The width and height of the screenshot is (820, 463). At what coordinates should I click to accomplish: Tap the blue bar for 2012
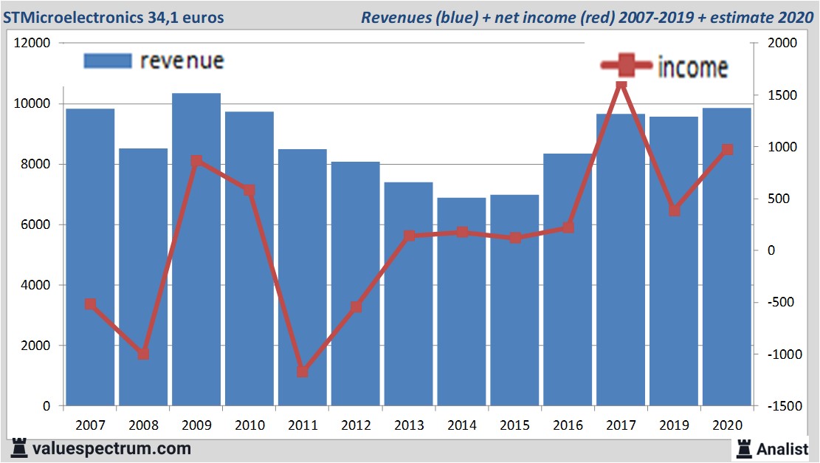(355, 284)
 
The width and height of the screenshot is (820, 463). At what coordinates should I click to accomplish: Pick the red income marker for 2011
(303, 371)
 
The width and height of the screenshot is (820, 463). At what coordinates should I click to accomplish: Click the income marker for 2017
(621, 85)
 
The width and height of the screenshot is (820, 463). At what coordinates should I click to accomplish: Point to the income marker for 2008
(143, 354)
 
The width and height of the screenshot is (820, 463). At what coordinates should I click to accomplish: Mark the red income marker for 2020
(727, 150)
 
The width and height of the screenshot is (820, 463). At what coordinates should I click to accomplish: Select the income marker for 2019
(674, 210)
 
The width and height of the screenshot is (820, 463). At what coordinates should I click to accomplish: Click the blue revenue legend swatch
(108, 61)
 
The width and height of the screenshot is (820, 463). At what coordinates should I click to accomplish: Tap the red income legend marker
(626, 66)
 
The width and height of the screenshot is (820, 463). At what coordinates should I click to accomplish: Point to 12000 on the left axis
(32, 43)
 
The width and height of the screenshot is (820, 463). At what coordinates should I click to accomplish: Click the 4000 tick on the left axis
(35, 285)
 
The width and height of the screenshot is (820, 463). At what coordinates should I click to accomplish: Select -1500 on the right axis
(782, 406)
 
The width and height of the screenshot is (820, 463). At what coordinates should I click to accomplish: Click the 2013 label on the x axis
(408, 425)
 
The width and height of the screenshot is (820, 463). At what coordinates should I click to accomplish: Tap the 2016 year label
(568, 425)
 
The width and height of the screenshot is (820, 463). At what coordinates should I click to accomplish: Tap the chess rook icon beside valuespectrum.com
(19, 448)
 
